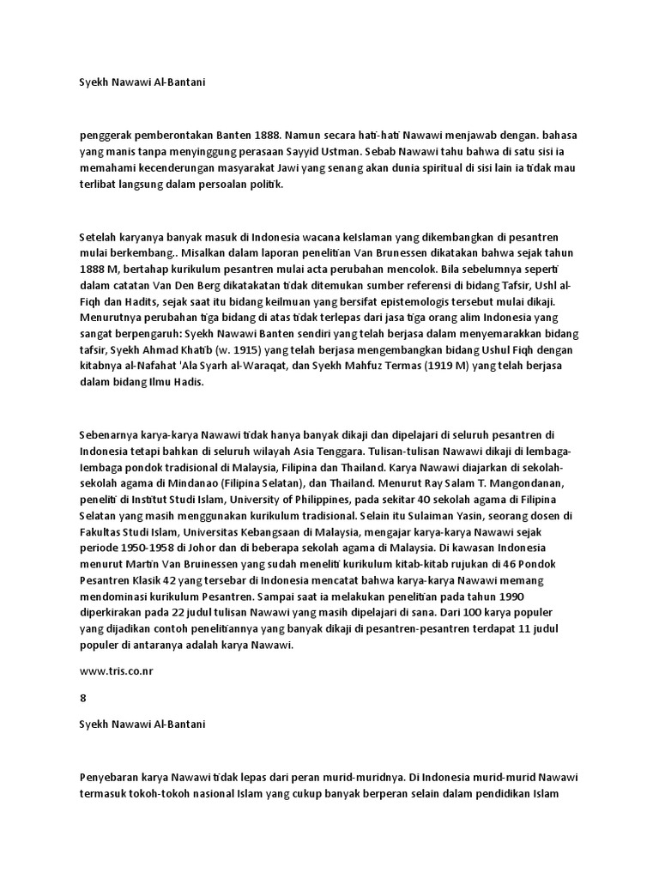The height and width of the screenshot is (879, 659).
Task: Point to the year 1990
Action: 506,597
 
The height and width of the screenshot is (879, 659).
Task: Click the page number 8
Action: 82,699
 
